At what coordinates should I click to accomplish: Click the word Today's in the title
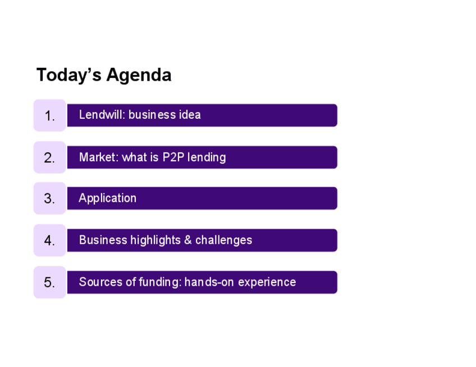[x=68, y=75]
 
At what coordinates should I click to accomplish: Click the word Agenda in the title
[x=139, y=75]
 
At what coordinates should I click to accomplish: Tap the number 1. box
[x=50, y=115]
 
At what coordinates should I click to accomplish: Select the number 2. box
[x=50, y=157]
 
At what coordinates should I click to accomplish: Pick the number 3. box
[x=50, y=198]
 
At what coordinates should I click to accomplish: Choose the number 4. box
[x=50, y=240]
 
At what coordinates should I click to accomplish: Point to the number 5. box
[x=50, y=282]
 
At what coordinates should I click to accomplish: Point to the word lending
[x=207, y=157]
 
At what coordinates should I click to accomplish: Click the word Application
[x=107, y=198]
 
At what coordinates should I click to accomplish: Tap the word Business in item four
[x=103, y=240]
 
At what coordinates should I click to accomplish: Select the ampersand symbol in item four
[x=188, y=240]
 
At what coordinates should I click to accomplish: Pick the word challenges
[x=224, y=240]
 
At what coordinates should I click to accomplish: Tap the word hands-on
[x=209, y=282]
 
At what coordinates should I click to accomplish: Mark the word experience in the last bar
[x=267, y=282]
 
